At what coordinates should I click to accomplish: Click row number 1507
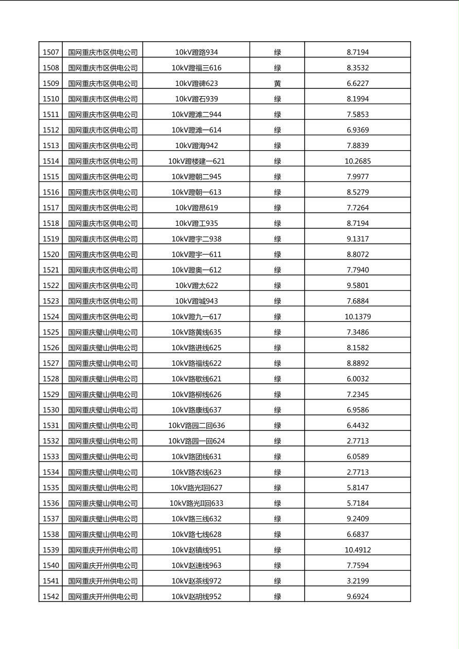[50, 52]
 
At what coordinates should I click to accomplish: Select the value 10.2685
[358, 161]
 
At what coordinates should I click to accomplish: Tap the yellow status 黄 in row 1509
[277, 83]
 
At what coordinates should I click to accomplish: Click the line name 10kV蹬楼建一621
[197, 161]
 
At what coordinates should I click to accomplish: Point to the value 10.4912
[358, 550]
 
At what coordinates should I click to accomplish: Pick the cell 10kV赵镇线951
[197, 550]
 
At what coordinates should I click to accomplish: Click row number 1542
[50, 597]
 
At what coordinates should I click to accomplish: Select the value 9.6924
[358, 597]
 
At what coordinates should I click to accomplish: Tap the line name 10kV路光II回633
[197, 503]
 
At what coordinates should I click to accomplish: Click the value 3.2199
[358, 581]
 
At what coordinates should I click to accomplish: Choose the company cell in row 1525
[103, 332]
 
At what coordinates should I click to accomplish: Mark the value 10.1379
[358, 316]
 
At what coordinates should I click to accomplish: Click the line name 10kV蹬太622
[197, 285]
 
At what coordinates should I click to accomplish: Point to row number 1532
[50, 441]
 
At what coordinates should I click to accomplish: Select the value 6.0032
[358, 378]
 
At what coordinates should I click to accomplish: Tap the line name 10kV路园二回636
[197, 425]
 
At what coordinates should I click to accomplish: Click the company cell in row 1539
[103, 550]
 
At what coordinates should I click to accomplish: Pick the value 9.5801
[358, 285]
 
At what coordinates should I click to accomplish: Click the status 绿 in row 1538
[277, 534]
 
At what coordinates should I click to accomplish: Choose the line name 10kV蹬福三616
[197, 68]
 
